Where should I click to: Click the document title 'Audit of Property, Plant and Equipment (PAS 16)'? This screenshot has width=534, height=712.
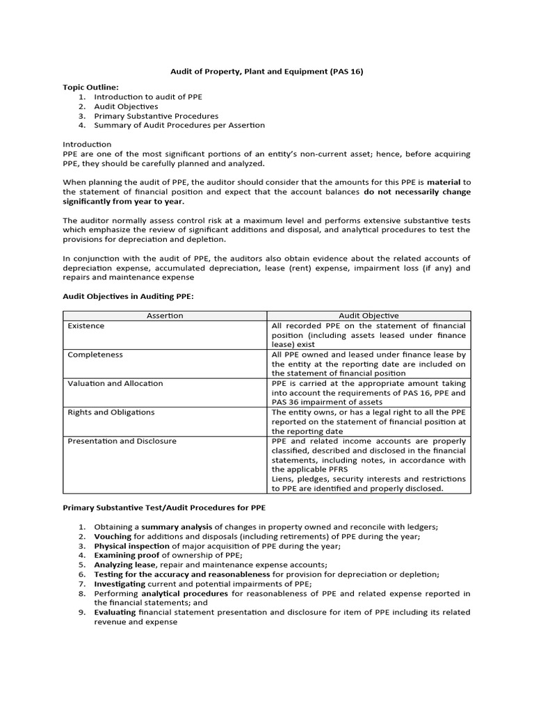267,71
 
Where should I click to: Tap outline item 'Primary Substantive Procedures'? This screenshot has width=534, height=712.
156,116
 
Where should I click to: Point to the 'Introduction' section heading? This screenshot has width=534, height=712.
87,144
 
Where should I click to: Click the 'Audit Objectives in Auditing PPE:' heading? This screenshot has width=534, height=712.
128,297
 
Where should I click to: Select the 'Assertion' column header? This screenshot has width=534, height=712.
165,316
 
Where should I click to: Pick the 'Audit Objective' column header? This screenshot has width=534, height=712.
369,316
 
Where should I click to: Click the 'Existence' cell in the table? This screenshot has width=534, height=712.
86,325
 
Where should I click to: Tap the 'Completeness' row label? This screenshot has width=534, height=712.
95,355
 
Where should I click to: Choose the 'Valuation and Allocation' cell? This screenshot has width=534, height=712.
115,383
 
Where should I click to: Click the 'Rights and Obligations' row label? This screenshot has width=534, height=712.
111,412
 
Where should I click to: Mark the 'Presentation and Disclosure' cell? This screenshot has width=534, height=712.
122,441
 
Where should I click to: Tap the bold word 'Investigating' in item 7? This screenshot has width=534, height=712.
120,584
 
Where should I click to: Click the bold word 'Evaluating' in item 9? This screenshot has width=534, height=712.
115,612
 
